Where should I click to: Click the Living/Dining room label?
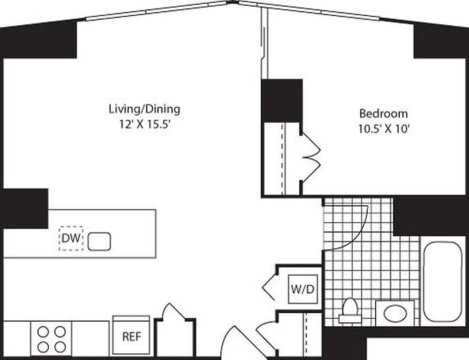144,109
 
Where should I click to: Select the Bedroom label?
383,113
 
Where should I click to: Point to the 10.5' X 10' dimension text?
383,129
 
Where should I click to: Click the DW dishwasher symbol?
71,238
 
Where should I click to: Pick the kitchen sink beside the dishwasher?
99,241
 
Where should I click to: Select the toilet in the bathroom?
350,310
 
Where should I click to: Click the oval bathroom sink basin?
395,313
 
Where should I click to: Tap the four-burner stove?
51,339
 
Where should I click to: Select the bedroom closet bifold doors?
311,157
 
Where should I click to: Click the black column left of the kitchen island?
24,208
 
